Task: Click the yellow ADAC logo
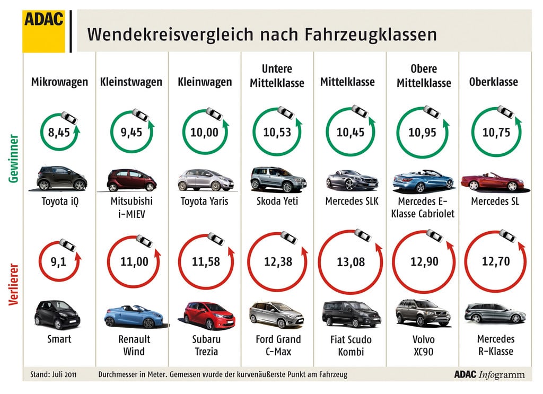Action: tap(43, 31)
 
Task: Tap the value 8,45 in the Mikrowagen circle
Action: tap(59, 133)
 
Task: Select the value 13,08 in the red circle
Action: tap(351, 262)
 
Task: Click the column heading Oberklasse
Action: tap(493, 82)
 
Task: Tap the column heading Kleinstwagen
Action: tap(131, 82)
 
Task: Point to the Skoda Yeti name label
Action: tap(277, 202)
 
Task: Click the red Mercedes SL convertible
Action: tap(492, 182)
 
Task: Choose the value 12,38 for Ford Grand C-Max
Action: tap(278, 262)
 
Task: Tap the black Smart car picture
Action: tap(57, 315)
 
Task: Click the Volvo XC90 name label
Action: tap(422, 345)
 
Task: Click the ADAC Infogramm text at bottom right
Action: tap(489, 374)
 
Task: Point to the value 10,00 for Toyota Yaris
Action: tap(205, 133)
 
